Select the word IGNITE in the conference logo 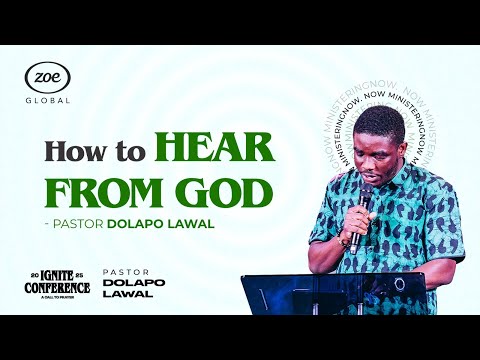point(58,274)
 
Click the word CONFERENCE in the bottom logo point(58,288)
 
